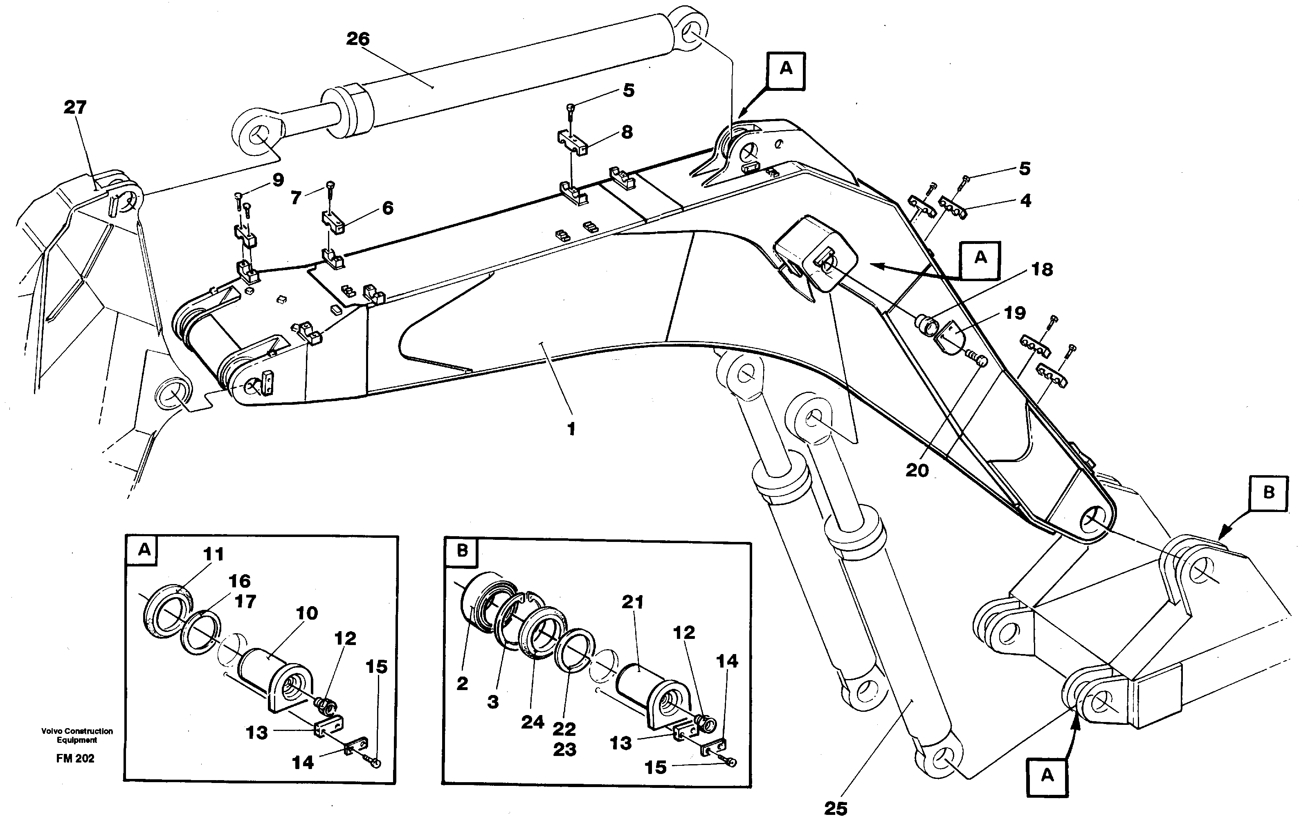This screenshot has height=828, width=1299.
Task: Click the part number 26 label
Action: click(x=357, y=39)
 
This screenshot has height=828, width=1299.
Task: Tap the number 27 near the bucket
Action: click(x=75, y=107)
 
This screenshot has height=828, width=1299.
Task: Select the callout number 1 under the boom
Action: click(x=571, y=429)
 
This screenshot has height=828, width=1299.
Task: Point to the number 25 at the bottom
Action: click(x=836, y=809)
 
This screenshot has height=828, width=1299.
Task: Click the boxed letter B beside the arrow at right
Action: click(x=1269, y=492)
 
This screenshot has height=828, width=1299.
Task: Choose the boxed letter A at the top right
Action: click(x=786, y=68)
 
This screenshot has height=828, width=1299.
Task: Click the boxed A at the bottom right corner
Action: click(x=1047, y=776)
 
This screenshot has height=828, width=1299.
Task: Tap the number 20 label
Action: click(x=917, y=471)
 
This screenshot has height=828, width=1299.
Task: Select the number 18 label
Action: click(x=1042, y=269)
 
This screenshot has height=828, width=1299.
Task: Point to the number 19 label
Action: click(x=1014, y=313)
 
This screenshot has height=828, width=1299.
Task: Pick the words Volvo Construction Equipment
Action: click(x=77, y=735)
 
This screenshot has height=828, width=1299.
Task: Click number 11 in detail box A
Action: click(x=213, y=554)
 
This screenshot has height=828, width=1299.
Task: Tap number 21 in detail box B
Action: click(x=632, y=602)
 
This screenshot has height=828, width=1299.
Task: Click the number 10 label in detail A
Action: click(x=307, y=613)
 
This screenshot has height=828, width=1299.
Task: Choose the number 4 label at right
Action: click(x=1025, y=201)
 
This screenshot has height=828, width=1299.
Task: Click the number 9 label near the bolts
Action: click(x=278, y=180)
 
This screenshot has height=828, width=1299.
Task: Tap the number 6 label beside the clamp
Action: click(x=387, y=208)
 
